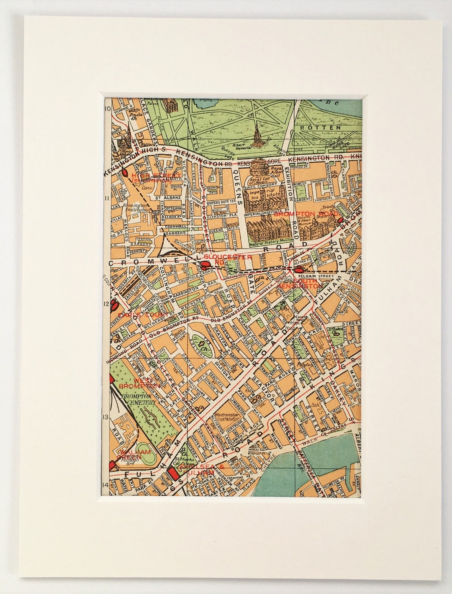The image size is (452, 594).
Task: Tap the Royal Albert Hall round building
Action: click(x=262, y=170)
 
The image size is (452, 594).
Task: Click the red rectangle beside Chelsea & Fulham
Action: click(x=171, y=474)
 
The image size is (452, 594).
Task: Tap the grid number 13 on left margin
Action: click(x=106, y=417)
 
